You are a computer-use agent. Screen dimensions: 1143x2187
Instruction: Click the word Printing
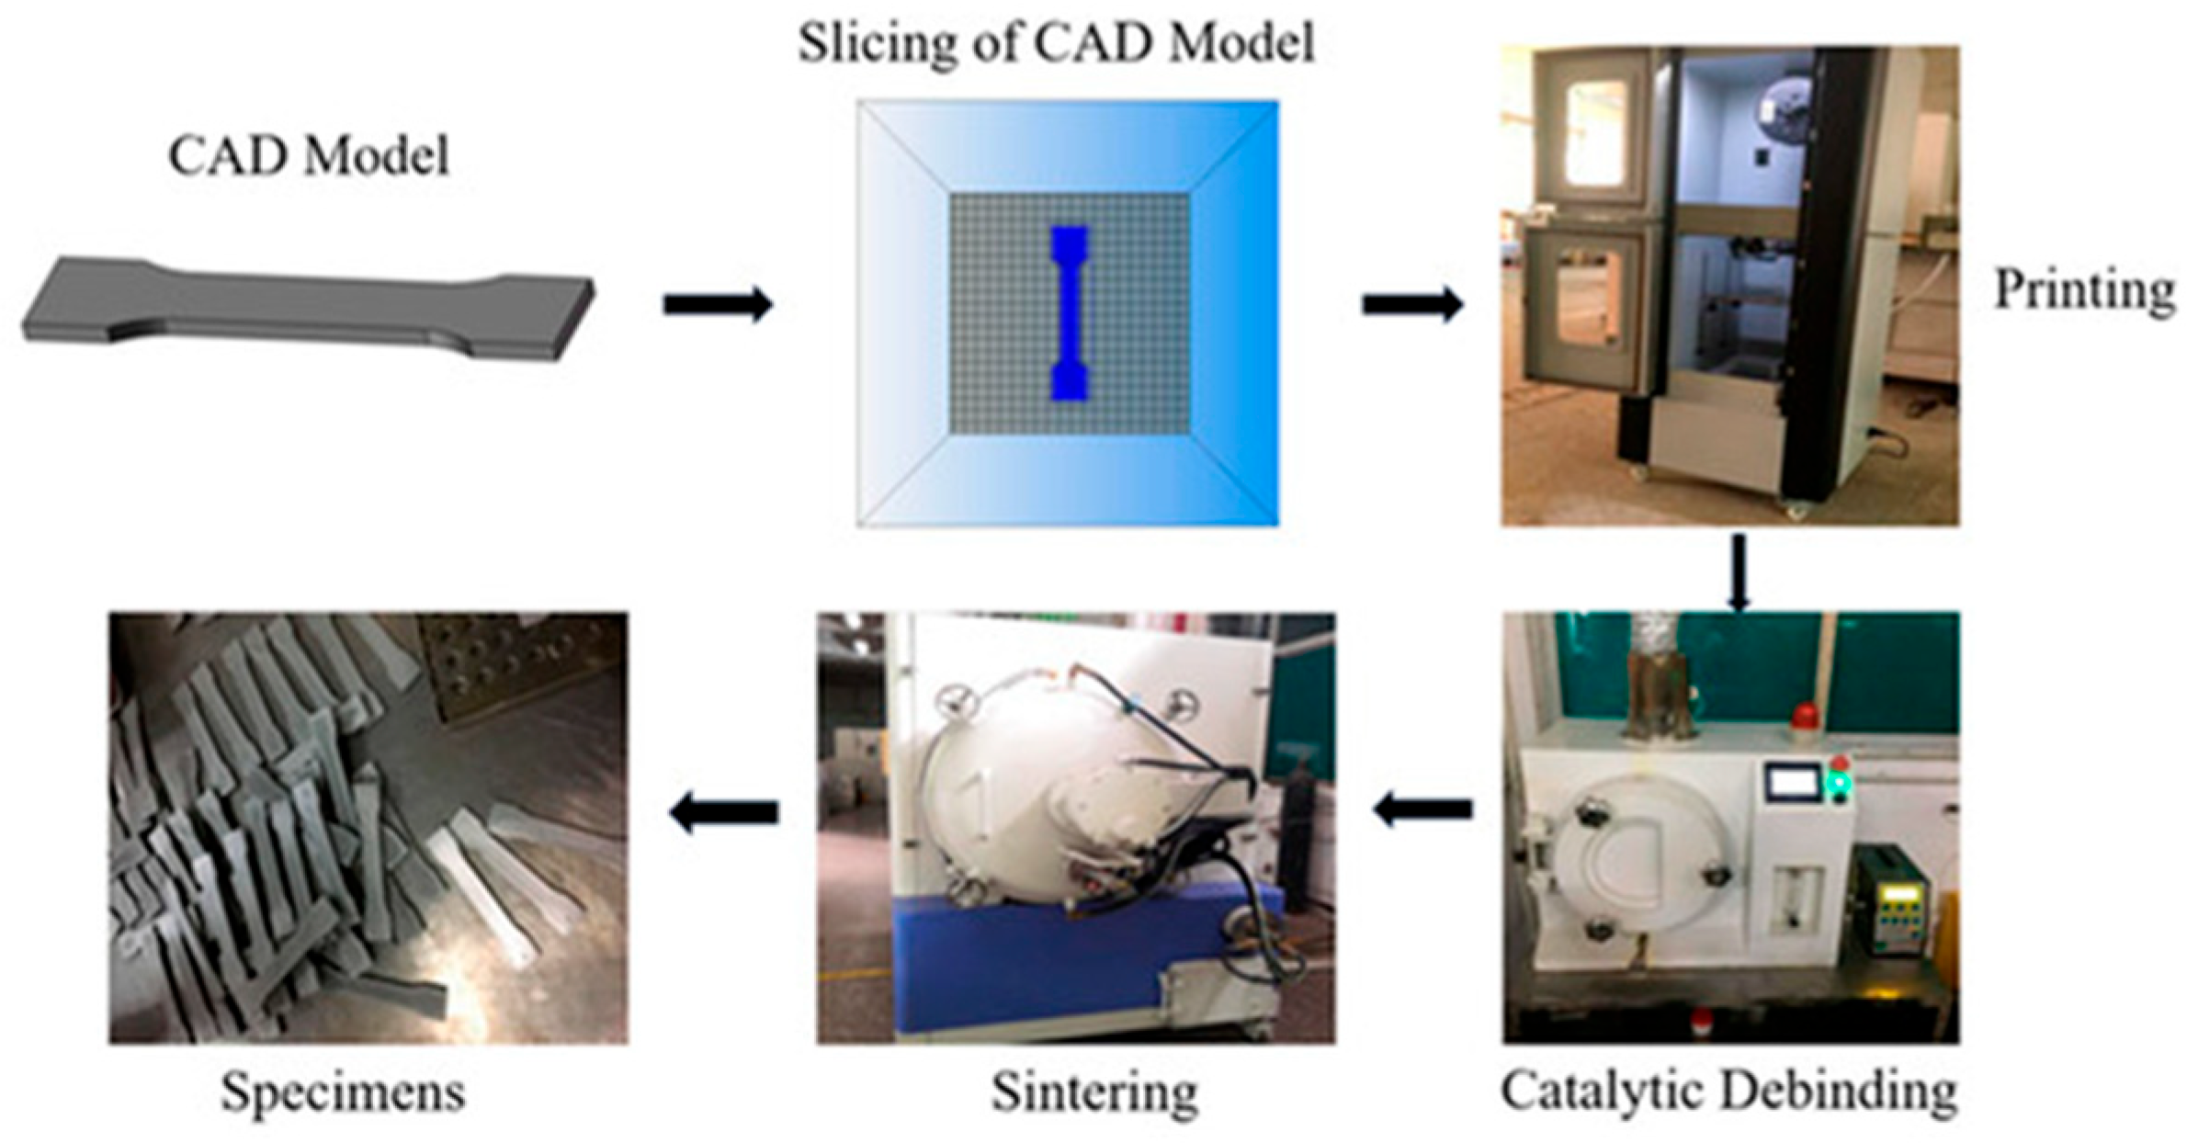(2083, 291)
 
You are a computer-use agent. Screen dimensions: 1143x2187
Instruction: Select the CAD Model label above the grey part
(309, 157)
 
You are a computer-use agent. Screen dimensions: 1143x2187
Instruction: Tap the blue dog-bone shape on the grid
(1069, 312)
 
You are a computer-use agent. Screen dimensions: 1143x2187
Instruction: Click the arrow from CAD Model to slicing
(718, 304)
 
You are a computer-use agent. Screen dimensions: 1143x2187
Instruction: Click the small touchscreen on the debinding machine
(1792, 781)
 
